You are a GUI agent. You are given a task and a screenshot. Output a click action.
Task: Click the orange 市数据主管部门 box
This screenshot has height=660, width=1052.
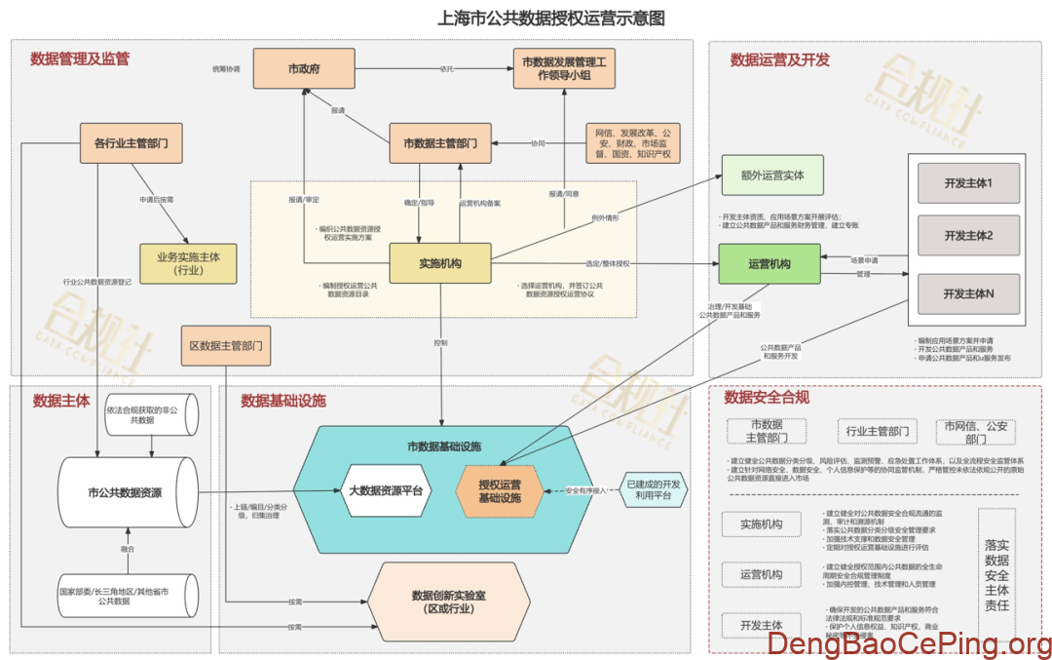point(439,144)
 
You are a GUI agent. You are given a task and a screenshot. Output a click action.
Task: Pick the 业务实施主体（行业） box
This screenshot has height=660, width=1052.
point(188,264)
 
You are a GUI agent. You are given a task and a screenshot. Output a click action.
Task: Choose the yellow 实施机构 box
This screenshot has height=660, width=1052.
point(439,264)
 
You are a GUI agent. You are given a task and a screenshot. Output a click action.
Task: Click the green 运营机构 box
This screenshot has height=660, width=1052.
point(769,264)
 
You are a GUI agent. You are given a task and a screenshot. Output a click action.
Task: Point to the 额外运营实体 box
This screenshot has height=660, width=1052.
point(771,175)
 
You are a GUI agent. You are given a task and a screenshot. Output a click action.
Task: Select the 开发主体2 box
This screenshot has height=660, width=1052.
point(968,237)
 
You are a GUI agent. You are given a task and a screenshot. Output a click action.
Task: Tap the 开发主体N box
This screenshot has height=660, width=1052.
point(968,293)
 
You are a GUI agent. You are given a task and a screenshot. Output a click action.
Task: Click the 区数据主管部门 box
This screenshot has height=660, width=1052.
point(225,345)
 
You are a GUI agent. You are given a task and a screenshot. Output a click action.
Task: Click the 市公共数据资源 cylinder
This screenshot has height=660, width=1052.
point(125,493)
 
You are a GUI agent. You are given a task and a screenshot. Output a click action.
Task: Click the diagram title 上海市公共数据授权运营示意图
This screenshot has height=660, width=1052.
point(551,19)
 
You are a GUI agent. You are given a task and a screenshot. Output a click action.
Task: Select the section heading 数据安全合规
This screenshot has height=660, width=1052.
point(767,398)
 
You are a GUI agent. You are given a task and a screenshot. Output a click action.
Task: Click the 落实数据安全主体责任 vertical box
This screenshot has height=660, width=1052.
point(996,575)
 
